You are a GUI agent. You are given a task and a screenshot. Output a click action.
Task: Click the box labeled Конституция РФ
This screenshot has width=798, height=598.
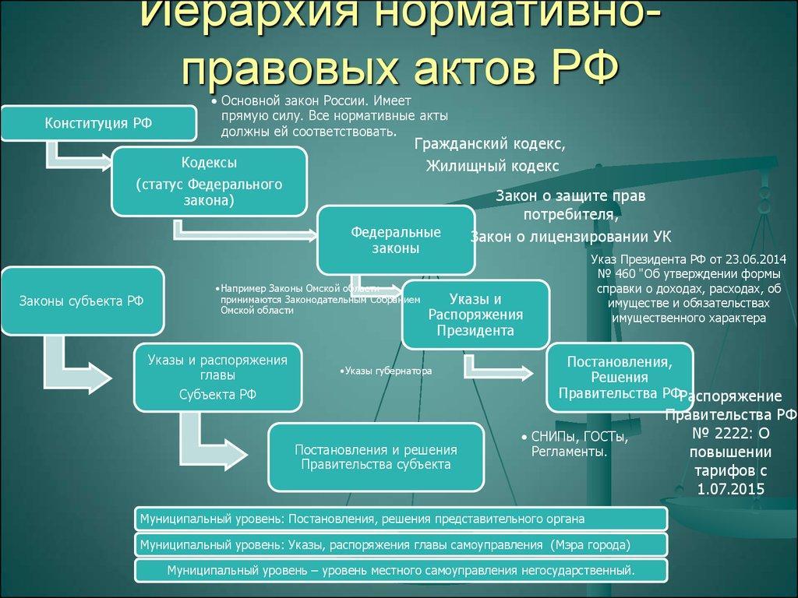tap(98, 122)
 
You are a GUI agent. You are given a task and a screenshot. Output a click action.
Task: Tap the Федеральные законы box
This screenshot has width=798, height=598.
tap(395, 240)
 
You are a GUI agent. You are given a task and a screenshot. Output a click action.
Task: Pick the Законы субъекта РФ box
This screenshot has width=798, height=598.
tap(83, 301)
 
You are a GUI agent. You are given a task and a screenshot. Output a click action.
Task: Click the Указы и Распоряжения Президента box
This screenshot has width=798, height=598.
tap(475, 315)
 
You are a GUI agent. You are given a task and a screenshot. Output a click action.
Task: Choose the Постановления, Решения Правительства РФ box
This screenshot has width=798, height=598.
tap(620, 378)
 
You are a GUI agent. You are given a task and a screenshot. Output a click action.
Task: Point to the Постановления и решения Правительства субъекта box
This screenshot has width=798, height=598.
tap(376, 457)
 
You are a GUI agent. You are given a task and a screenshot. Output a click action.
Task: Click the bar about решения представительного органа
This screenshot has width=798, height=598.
tap(401, 518)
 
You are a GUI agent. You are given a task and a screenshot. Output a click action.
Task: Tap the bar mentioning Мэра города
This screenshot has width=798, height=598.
tap(401, 543)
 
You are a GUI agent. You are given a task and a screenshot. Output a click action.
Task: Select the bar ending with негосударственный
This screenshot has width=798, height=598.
tap(401, 570)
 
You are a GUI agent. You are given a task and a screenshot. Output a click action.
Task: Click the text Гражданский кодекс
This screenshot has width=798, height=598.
tap(489, 145)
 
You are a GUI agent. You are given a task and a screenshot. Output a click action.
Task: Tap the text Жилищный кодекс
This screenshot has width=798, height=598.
tap(492, 165)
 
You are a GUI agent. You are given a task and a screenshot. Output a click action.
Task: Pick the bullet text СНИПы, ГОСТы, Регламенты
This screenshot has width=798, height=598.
tap(575, 444)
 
